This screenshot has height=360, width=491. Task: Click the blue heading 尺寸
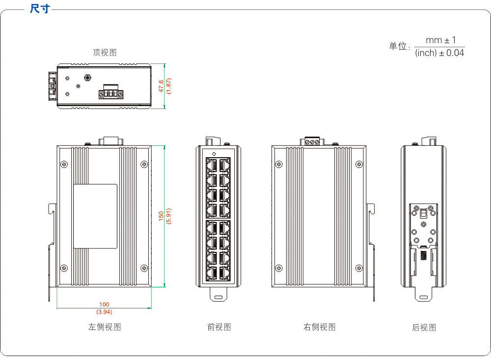(x=40, y=8)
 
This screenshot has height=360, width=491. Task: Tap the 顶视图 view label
(x=105, y=53)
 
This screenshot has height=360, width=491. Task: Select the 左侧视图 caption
(x=105, y=327)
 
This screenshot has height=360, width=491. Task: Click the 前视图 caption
(x=219, y=327)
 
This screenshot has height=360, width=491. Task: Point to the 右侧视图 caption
(x=320, y=327)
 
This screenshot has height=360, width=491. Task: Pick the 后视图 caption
(x=424, y=328)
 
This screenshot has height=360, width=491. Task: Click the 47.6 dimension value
(x=161, y=86)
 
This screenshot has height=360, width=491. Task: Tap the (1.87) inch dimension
(x=168, y=86)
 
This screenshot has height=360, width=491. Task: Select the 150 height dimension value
(x=161, y=216)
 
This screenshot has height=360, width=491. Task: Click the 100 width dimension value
(x=104, y=304)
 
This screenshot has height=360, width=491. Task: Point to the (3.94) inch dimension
(x=104, y=312)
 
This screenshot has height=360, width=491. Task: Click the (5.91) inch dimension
(x=168, y=216)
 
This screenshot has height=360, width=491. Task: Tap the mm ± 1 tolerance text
(x=440, y=40)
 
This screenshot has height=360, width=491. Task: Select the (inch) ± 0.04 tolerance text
(x=439, y=53)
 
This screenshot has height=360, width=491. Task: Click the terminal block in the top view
(x=111, y=92)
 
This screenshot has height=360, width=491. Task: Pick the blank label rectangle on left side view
(x=95, y=216)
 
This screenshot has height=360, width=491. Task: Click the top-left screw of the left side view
(x=64, y=164)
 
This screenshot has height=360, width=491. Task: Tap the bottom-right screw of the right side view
(x=359, y=268)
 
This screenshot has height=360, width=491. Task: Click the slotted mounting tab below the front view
(x=218, y=295)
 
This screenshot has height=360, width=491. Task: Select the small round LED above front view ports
(x=214, y=154)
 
